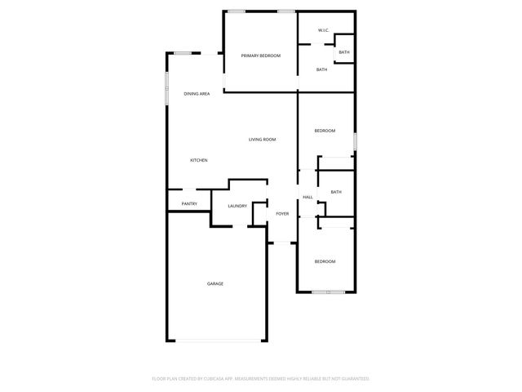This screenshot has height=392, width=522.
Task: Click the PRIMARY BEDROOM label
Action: tap(260, 56)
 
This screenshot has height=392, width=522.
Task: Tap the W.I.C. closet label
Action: tap(322, 32)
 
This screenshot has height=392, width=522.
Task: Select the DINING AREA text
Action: tap(197, 94)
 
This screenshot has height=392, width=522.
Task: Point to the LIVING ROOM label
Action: tap(262, 140)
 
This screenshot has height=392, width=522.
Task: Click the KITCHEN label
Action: tap(198, 160)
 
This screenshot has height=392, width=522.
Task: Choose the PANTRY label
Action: tap(188, 203)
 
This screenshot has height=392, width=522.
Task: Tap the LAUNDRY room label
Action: tap(237, 206)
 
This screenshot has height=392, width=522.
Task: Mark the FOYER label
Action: tap(282, 213)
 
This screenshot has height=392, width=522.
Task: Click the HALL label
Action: tap(307, 197)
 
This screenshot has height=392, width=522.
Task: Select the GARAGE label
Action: tap(215, 283)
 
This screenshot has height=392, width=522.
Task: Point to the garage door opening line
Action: tap(217, 341)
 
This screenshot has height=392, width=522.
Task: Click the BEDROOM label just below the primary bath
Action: tap(325, 131)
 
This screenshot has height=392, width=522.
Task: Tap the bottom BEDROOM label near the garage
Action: tap(325, 261)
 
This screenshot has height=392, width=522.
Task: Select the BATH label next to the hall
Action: tap(335, 192)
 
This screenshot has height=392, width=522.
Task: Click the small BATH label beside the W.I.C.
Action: tap(343, 52)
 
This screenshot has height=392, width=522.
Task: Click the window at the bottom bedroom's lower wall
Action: tap(327, 292)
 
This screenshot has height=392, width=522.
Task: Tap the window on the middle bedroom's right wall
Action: tap(354, 142)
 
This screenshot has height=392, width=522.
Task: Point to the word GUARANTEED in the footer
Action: tap(353, 379)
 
